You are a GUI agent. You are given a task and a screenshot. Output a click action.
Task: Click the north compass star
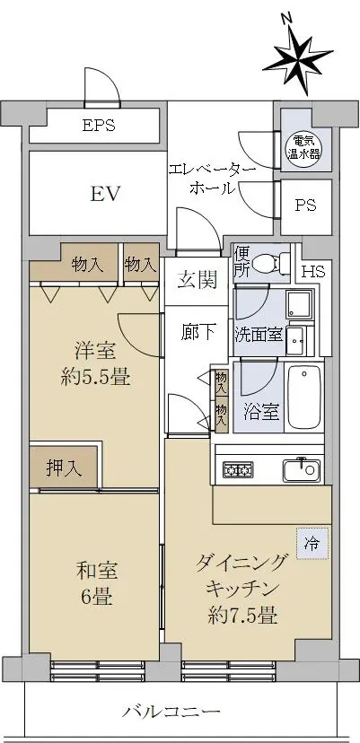[298, 62]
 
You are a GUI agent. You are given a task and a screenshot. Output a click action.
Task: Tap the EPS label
[99, 126]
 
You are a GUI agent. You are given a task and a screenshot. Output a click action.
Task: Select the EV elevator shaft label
[106, 194]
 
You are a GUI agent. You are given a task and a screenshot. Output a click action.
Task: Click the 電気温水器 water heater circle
[305, 147]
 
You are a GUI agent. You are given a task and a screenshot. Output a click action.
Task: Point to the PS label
[305, 205]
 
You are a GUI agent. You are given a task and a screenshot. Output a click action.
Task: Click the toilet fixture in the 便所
[271, 262]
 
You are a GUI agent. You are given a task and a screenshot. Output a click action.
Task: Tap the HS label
[313, 272]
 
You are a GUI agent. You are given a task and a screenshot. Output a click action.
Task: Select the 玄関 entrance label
[198, 281]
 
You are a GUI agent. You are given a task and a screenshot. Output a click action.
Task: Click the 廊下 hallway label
[198, 333]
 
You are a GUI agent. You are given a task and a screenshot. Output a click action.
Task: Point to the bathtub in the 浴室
[304, 396]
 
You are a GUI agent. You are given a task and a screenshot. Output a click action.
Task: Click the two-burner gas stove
[238, 469]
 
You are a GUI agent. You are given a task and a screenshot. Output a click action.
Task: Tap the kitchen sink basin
[302, 469]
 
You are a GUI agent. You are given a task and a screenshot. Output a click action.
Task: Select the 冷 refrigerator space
[312, 544]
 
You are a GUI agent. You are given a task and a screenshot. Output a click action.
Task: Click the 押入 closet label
[64, 468]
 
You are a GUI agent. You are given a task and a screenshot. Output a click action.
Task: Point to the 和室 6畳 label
[96, 584]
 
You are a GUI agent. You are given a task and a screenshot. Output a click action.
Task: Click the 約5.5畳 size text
[95, 378]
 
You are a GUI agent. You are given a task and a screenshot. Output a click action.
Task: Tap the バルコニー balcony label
[173, 712]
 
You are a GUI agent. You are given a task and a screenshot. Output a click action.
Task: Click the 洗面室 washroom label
[259, 335]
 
